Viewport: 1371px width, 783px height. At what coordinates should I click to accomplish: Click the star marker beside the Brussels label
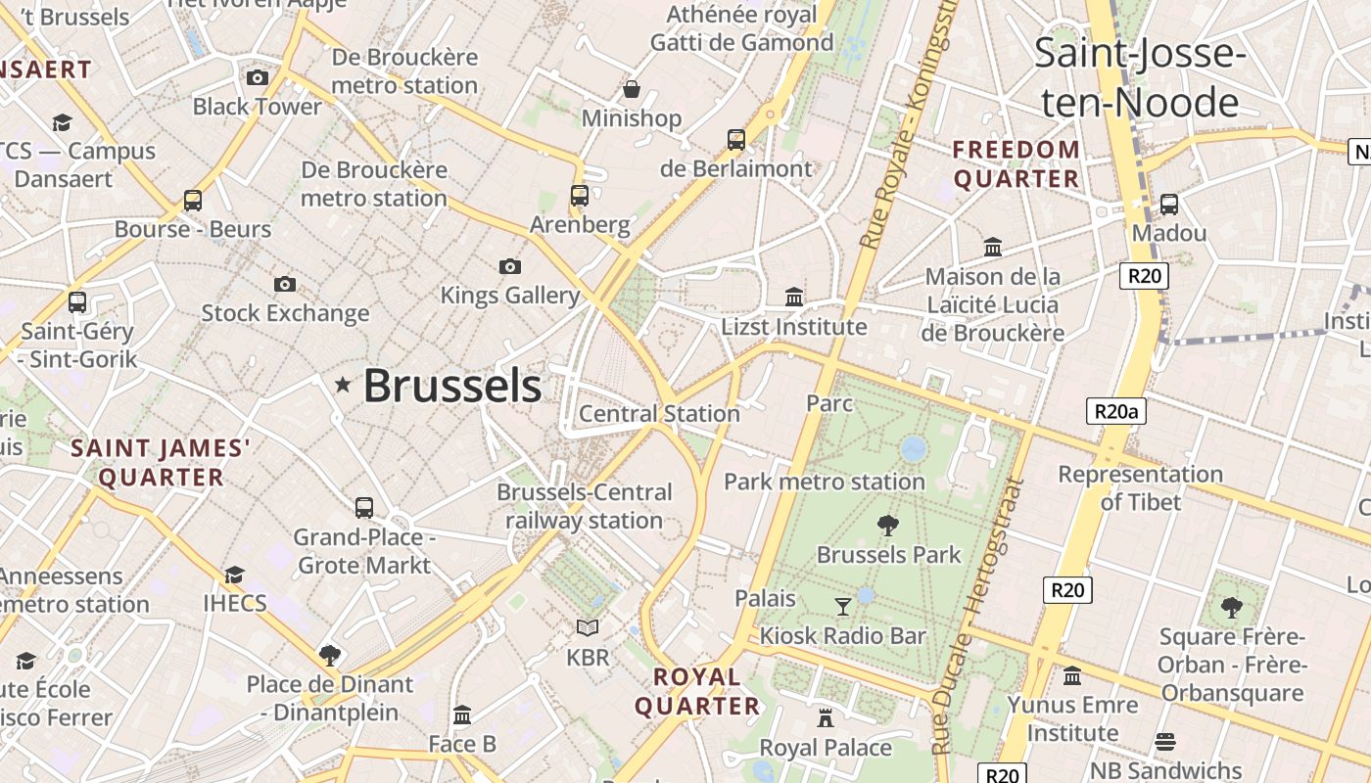343,386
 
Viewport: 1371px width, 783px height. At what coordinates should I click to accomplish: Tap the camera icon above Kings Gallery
509,266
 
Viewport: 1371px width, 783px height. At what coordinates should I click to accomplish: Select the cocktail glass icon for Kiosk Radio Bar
842,607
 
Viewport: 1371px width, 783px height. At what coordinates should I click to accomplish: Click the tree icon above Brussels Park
887,526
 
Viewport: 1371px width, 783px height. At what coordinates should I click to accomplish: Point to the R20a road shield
1115,411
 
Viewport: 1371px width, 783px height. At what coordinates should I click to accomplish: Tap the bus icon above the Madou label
1168,205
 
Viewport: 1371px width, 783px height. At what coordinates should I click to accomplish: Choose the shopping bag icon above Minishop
632,89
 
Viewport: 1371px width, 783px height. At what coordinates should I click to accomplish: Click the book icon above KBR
588,627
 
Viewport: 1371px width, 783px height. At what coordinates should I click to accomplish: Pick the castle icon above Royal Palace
826,718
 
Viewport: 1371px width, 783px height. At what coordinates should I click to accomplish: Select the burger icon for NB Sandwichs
1164,742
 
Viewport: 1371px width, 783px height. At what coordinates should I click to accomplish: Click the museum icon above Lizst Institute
794,297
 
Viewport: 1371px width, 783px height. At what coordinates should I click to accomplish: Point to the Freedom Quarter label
1016,164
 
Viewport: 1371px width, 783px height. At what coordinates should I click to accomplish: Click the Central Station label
659,413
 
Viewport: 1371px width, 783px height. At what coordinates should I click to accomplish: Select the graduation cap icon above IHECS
234,575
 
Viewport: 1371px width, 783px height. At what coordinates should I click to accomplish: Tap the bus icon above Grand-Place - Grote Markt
364,507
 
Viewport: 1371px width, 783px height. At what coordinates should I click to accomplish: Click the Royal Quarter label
696,691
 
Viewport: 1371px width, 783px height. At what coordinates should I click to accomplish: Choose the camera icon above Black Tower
258,78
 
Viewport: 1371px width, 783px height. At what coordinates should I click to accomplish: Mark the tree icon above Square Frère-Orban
1232,608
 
